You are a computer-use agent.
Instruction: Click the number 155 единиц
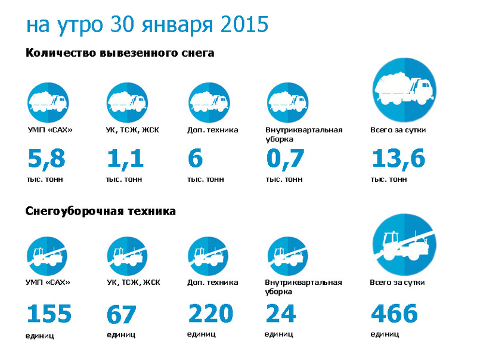pyautogui.click(x=49, y=314)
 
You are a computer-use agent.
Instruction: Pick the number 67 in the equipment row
pyautogui.click(x=121, y=315)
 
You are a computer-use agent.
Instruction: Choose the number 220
pyautogui.click(x=210, y=314)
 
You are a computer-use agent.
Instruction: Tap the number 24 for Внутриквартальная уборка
pyautogui.click(x=280, y=314)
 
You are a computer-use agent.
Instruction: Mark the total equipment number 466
pyautogui.click(x=394, y=314)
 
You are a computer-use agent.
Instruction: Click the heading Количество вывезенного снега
pyautogui.click(x=120, y=53)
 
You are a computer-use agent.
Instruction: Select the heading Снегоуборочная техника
pyautogui.click(x=101, y=212)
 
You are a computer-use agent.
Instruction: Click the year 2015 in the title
pyautogui.click(x=244, y=24)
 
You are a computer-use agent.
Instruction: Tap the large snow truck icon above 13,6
pyautogui.click(x=404, y=89)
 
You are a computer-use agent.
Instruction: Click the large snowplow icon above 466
pyautogui.click(x=404, y=244)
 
